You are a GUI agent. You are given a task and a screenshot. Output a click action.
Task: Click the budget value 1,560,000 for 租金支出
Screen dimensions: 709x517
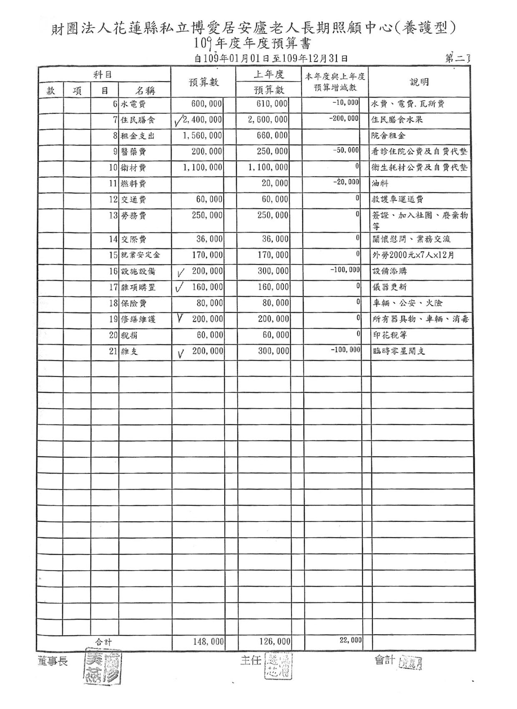203,136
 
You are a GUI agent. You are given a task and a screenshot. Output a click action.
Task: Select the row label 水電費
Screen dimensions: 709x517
133,104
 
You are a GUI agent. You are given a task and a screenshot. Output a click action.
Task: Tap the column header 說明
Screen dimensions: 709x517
419,82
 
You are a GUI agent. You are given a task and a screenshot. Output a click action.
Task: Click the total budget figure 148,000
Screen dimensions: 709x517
208,641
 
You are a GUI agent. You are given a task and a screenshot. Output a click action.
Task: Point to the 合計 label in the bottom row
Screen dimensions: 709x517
103,642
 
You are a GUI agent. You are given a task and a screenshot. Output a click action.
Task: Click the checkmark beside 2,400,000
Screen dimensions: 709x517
178,121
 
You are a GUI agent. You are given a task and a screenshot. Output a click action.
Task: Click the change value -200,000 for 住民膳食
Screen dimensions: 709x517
344,118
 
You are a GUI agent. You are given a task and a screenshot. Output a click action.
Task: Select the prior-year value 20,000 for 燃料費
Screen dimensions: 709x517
275,183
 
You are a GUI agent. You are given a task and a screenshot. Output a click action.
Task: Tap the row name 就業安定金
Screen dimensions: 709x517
140,255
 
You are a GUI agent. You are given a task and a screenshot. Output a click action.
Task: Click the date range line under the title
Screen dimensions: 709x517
271,58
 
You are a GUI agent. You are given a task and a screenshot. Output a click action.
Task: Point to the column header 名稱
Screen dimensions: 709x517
145,91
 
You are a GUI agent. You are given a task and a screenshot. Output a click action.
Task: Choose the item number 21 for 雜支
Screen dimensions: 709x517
113,351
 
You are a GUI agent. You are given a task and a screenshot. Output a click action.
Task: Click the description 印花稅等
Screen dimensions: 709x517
389,335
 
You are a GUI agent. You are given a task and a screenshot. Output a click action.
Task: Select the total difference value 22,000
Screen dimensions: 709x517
351,640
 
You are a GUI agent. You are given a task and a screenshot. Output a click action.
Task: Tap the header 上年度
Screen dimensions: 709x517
269,75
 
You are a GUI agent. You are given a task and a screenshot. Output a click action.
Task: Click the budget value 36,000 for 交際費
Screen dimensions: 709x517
209,239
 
